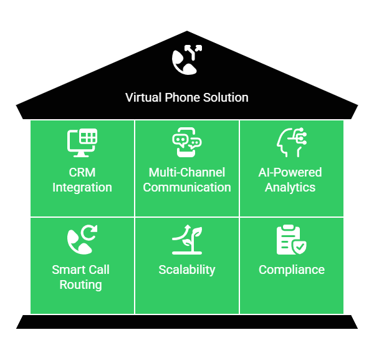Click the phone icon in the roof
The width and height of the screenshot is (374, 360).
tap(186, 59)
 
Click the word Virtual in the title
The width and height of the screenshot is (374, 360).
tap(142, 97)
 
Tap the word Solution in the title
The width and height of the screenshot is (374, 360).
tap(226, 97)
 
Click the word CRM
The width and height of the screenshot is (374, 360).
tap(82, 172)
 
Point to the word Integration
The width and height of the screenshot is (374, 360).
tap(82, 187)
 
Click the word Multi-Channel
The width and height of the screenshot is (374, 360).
tap(187, 172)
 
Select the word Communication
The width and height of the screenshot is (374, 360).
tap(187, 187)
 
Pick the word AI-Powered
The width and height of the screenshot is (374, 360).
tap(291, 172)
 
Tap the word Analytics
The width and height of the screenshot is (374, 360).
tap(291, 187)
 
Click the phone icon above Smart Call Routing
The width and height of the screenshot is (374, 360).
tap(82, 240)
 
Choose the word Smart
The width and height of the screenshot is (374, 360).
tap(68, 270)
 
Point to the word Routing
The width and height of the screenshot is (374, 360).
tap(80, 285)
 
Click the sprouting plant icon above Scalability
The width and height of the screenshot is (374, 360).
tap(186, 240)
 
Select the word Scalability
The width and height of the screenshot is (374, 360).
tap(187, 270)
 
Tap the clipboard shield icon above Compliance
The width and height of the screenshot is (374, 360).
tap(291, 240)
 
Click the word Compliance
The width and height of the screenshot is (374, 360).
tap(291, 270)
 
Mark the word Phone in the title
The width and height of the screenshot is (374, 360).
tap(181, 97)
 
